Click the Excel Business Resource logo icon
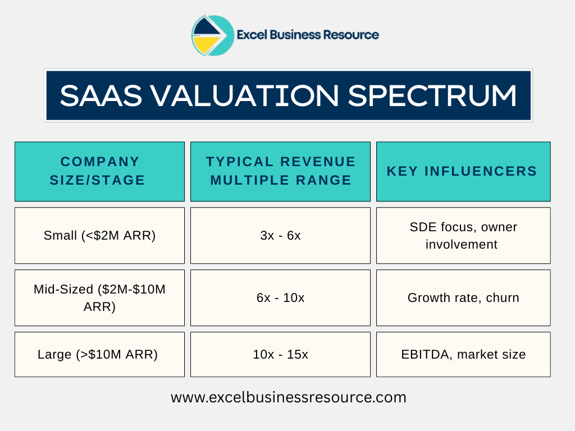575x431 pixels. click(212, 35)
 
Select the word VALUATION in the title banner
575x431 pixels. click(242, 95)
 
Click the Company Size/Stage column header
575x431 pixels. click(99, 171)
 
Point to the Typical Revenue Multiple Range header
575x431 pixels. click(280, 171)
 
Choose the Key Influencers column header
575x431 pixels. click(463, 171)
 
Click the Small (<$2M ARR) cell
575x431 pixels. click(99, 236)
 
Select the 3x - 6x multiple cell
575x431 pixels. click(280, 236)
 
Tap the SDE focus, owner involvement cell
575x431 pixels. click(463, 236)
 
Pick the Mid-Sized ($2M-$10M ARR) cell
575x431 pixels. click(99, 297)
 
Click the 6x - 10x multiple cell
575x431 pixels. click(280, 297)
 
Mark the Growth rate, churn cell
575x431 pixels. click(463, 297)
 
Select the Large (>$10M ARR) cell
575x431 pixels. click(99, 354)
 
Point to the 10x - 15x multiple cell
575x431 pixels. click(280, 354)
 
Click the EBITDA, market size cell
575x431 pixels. click(463, 354)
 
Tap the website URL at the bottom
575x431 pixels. click(288, 397)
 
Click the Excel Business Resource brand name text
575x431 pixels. click(308, 35)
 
